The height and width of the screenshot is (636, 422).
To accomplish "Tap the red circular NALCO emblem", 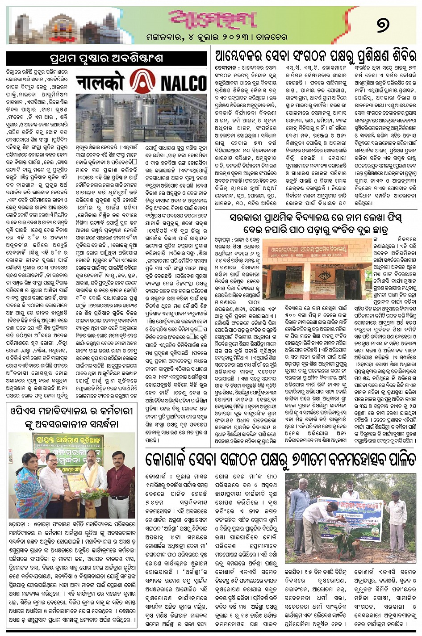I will click(x=142, y=83).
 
